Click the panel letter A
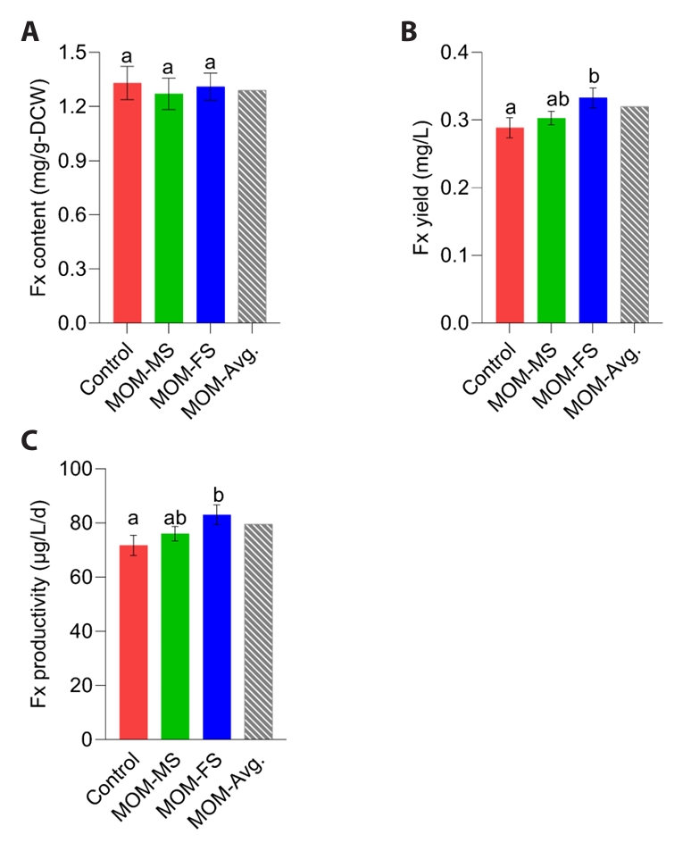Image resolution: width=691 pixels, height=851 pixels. pyautogui.click(x=30, y=32)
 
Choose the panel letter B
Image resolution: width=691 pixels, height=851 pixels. pyautogui.click(x=408, y=32)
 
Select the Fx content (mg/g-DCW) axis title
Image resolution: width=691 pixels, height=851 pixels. pyautogui.click(x=37, y=188)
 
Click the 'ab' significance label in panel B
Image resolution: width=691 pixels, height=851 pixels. pyautogui.click(x=551, y=99)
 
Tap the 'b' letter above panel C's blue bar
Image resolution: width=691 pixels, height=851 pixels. pyautogui.click(x=217, y=494)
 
